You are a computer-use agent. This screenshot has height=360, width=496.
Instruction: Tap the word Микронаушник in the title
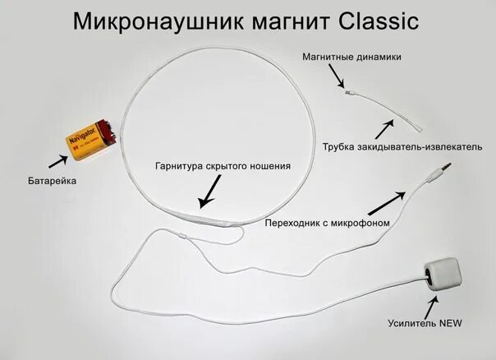[152, 21]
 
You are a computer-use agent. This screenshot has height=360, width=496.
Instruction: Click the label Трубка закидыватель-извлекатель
[397, 145]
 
